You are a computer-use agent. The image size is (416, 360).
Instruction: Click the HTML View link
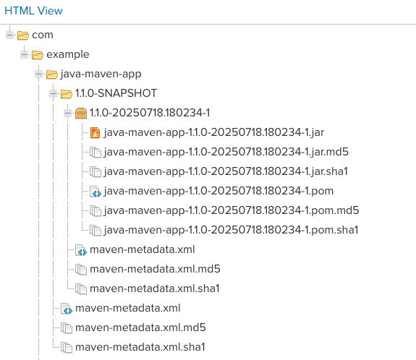[33, 11]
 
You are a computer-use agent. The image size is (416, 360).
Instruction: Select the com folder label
[43, 35]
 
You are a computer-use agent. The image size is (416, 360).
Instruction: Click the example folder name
[68, 54]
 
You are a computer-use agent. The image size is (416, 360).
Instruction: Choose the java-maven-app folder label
[101, 74]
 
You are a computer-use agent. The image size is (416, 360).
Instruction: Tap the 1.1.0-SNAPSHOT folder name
[116, 93]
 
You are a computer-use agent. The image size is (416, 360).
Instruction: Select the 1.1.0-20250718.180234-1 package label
[150, 113]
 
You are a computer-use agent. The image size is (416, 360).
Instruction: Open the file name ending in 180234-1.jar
[214, 132]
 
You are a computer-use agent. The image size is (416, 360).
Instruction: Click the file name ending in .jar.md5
[226, 152]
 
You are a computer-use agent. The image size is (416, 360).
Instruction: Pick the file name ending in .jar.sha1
[226, 171]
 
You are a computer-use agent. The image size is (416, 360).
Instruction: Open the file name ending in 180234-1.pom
[218, 191]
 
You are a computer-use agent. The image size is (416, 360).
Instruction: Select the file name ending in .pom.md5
[232, 210]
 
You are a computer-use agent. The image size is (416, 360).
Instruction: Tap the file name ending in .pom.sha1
[231, 230]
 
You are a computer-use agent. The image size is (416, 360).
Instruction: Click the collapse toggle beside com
[10, 35]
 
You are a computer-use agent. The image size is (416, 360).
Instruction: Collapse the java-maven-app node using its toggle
[39, 74]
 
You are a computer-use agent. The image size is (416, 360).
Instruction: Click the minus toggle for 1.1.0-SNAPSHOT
[54, 93]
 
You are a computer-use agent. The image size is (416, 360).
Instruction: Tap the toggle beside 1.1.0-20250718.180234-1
[68, 113]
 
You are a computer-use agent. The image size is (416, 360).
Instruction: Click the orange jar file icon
[95, 132]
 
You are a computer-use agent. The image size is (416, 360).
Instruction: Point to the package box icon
[81, 113]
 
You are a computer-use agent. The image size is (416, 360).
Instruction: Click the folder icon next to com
[23, 35]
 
